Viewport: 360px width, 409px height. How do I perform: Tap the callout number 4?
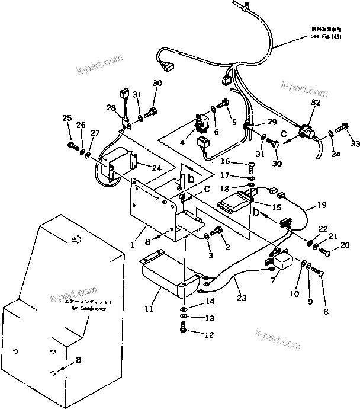pos(182,142)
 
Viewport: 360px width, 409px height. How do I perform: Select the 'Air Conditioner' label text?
pos(86,309)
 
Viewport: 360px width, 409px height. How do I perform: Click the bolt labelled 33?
pos(343,127)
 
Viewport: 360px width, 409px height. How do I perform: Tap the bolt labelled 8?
pos(317,272)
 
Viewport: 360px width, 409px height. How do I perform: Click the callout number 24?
pos(156,168)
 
